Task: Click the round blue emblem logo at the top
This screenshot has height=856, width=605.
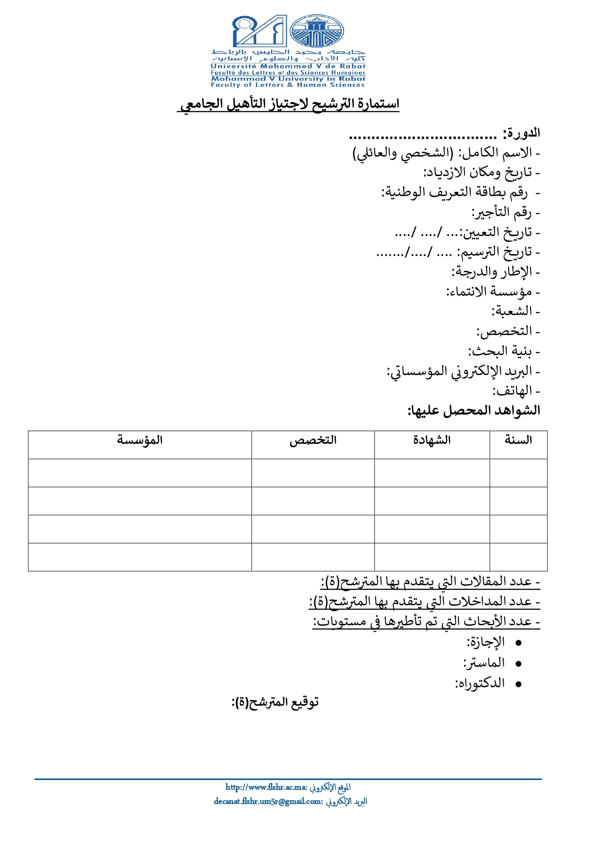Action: pos(317,31)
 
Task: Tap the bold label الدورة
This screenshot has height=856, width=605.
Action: pos(522,133)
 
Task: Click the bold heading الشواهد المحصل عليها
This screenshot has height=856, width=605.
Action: pos(474,411)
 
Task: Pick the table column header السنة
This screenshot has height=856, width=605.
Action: pos(518,440)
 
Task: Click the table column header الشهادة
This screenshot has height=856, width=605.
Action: pos(432,440)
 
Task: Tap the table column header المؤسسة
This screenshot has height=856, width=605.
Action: pos(139,440)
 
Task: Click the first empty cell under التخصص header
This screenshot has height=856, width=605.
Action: pos(313,473)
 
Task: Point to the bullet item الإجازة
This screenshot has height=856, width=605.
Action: pos(486,642)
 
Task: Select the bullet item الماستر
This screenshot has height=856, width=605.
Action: pos(484,663)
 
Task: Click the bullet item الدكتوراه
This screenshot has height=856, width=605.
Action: pos(480,683)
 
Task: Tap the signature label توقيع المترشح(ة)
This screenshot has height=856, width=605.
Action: pos(275,702)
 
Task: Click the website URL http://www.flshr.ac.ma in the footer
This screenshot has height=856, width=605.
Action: pos(266,787)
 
